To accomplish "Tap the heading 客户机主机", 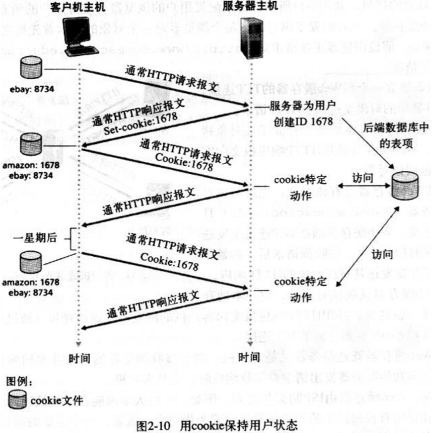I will [77, 7].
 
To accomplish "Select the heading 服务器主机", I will [251, 6].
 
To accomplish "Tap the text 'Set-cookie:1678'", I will [140, 123].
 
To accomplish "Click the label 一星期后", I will [35, 238].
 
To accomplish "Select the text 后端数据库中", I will [395, 128].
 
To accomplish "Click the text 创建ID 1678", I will [303, 122].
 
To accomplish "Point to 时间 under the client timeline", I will [79, 358].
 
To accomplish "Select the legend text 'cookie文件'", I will [56, 401].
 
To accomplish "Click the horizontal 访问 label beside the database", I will [363, 178].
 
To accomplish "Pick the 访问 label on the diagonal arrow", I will [382, 254].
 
